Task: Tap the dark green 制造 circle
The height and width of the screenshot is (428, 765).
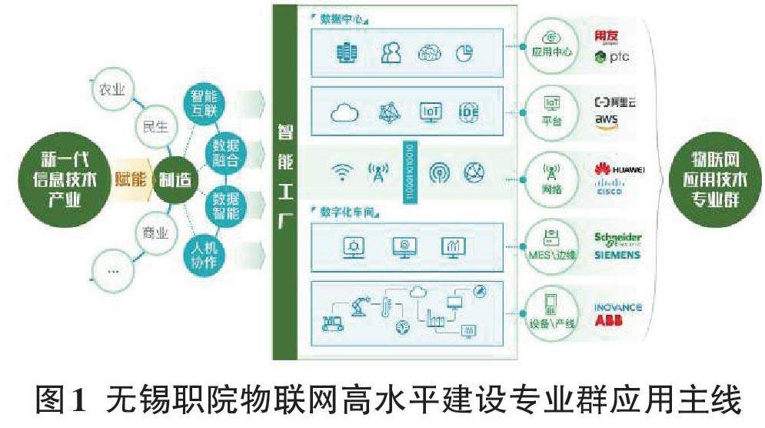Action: [175, 179]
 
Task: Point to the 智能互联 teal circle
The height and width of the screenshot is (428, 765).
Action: [204, 105]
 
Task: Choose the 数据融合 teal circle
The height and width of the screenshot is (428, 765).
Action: [228, 152]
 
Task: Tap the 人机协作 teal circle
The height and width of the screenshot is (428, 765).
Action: [204, 255]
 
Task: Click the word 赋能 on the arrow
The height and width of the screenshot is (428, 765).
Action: [129, 179]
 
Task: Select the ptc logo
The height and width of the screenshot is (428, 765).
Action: [612, 57]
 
